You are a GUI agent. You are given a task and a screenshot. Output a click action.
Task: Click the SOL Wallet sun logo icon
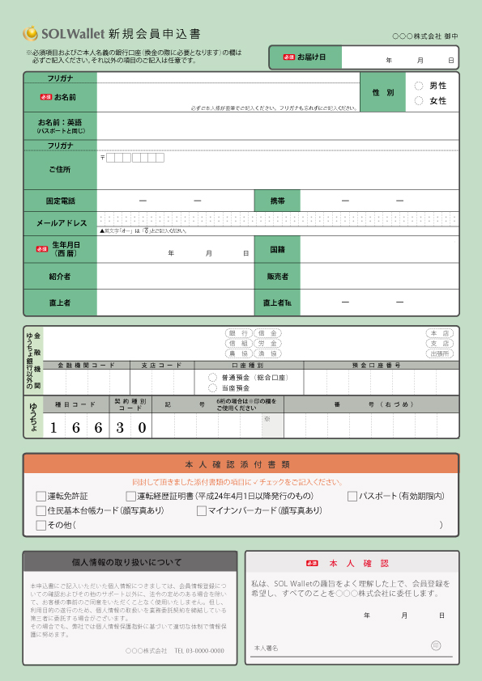click(x=31, y=33)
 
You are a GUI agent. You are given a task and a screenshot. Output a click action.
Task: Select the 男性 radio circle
click(x=419, y=86)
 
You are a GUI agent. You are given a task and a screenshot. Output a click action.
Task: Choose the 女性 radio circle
click(x=419, y=101)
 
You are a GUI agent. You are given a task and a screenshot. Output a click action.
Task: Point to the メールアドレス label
click(x=61, y=223)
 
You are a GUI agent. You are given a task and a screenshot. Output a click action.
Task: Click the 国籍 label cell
click(x=277, y=250)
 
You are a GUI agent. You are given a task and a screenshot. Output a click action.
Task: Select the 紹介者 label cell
click(x=61, y=277)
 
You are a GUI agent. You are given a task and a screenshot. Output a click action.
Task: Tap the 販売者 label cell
click(x=277, y=277)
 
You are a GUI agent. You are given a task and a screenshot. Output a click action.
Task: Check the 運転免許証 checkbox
click(x=41, y=496)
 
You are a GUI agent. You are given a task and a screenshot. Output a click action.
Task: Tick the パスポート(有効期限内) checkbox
click(x=352, y=496)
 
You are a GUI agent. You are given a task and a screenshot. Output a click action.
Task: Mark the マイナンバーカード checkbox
click(x=202, y=510)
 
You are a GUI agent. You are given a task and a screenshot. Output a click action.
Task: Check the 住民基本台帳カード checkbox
click(x=41, y=510)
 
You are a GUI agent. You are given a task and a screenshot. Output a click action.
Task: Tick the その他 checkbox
click(x=41, y=525)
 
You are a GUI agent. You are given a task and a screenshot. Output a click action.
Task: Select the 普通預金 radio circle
click(x=213, y=378)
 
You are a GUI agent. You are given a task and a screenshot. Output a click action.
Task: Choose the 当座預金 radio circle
click(x=213, y=388)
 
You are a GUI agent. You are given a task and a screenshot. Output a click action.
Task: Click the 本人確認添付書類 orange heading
click(x=241, y=464)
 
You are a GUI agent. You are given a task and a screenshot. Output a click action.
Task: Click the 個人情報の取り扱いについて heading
click(x=130, y=562)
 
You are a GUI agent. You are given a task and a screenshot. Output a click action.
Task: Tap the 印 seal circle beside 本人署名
click(x=436, y=645)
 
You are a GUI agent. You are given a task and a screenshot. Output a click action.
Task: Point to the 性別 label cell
click(x=383, y=93)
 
